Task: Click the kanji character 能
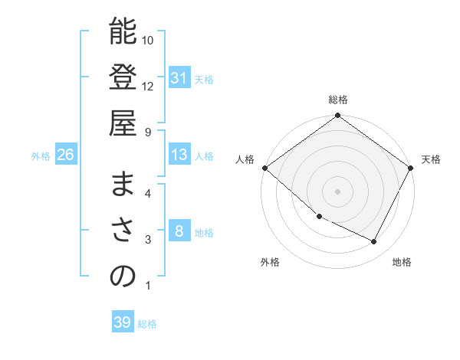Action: (x=123, y=33)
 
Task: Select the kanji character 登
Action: (x=123, y=78)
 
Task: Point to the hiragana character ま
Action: (x=123, y=185)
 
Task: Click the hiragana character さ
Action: (x=123, y=231)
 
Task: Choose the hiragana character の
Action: (x=123, y=277)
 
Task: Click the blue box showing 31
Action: (x=179, y=78)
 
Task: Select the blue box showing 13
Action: (x=179, y=155)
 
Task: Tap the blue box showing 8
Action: (x=179, y=231)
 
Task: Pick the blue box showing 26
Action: (x=66, y=155)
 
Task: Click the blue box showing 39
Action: (x=122, y=322)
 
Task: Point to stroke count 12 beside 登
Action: (x=148, y=86)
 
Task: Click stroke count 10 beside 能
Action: (x=148, y=40)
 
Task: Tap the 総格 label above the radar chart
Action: (x=337, y=100)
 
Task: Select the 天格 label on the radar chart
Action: (x=431, y=159)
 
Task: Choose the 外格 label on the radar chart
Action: (x=270, y=262)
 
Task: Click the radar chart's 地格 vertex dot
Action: (x=374, y=242)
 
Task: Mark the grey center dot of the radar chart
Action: (x=337, y=191)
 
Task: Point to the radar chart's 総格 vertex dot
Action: (x=337, y=116)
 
